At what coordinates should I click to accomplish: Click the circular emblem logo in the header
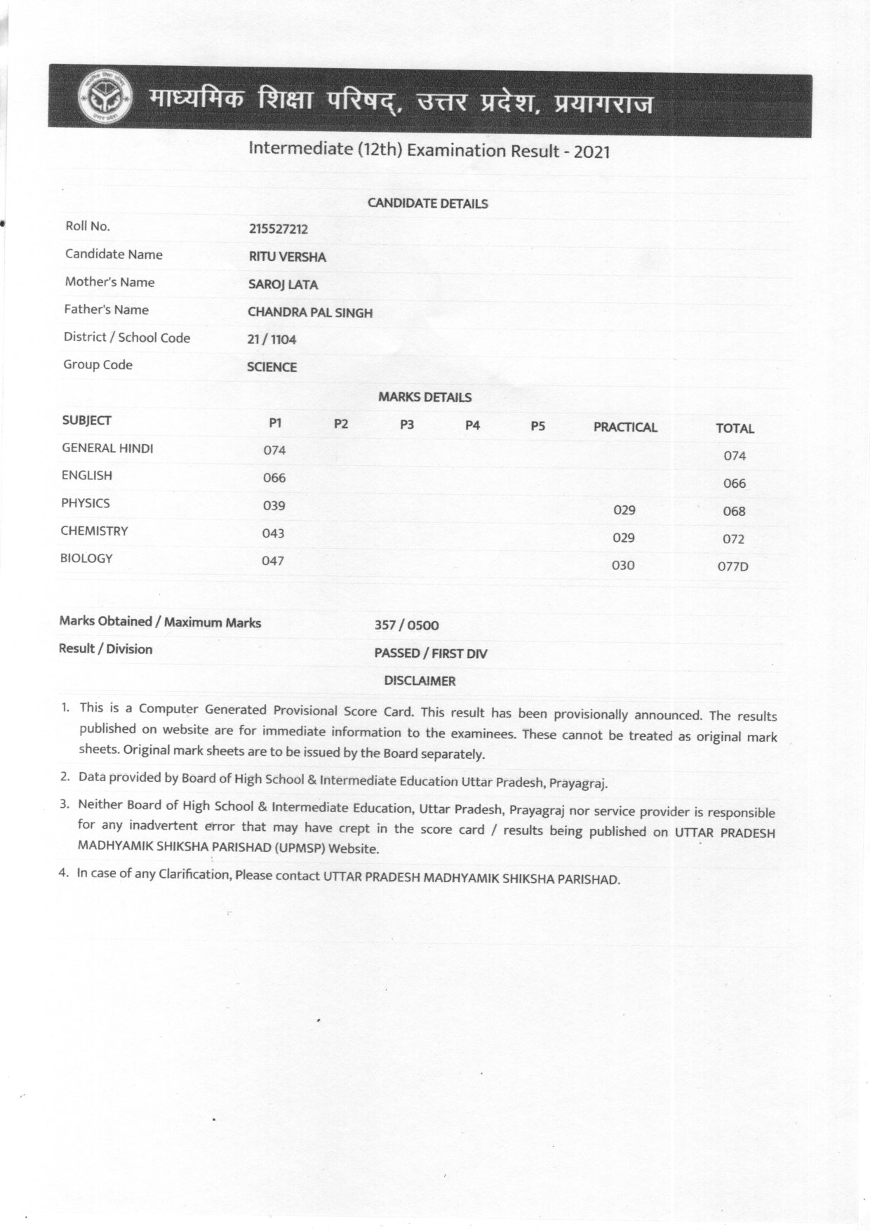pyautogui.click(x=105, y=98)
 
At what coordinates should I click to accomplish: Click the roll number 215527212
pyautogui.click(x=279, y=229)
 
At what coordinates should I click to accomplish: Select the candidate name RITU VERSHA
pyautogui.click(x=288, y=257)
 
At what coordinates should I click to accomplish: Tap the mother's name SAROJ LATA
pyautogui.click(x=283, y=284)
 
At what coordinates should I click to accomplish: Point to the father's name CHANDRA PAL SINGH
pyautogui.click(x=310, y=312)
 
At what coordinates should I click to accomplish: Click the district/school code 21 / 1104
pyautogui.click(x=272, y=340)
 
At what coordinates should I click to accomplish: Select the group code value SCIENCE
pyautogui.click(x=272, y=367)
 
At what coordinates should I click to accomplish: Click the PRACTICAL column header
pyautogui.click(x=625, y=427)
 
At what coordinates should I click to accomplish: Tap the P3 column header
pyautogui.click(x=407, y=425)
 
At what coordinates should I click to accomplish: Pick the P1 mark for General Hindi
pyautogui.click(x=274, y=450)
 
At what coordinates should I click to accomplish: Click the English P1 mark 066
pyautogui.click(x=274, y=478)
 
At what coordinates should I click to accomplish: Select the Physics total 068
pyautogui.click(x=734, y=511)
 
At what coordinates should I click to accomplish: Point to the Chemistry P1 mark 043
pyautogui.click(x=273, y=533)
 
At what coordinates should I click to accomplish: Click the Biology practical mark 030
pyautogui.click(x=623, y=565)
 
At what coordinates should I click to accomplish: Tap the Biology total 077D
pyautogui.click(x=732, y=566)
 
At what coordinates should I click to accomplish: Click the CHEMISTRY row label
pyautogui.click(x=94, y=531)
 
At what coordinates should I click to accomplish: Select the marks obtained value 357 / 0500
pyautogui.click(x=407, y=625)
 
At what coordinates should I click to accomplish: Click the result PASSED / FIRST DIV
pyautogui.click(x=431, y=653)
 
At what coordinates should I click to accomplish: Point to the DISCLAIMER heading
pyautogui.click(x=420, y=681)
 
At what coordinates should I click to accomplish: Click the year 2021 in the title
pyautogui.click(x=591, y=152)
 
